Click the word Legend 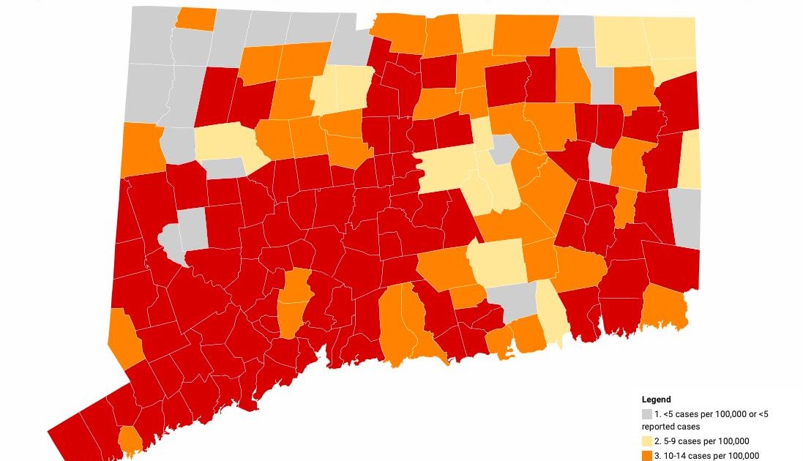656,400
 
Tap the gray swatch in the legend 647,414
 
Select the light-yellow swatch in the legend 647,441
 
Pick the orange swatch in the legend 647,456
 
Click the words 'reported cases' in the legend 671,426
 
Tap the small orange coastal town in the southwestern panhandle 131,440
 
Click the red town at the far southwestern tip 73,435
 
